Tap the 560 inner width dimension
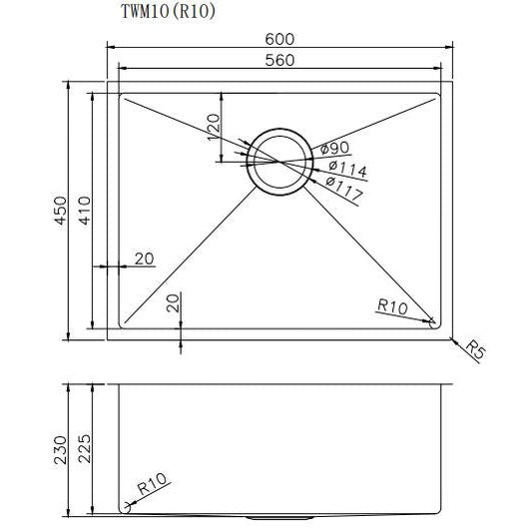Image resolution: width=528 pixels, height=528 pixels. coord(280,59)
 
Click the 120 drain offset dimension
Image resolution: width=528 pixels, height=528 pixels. coord(213,127)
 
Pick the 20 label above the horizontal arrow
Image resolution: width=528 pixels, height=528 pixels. coord(144,259)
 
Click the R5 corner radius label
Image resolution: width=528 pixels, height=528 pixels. coord(476,351)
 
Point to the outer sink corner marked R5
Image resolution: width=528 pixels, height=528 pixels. coord(447,339)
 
